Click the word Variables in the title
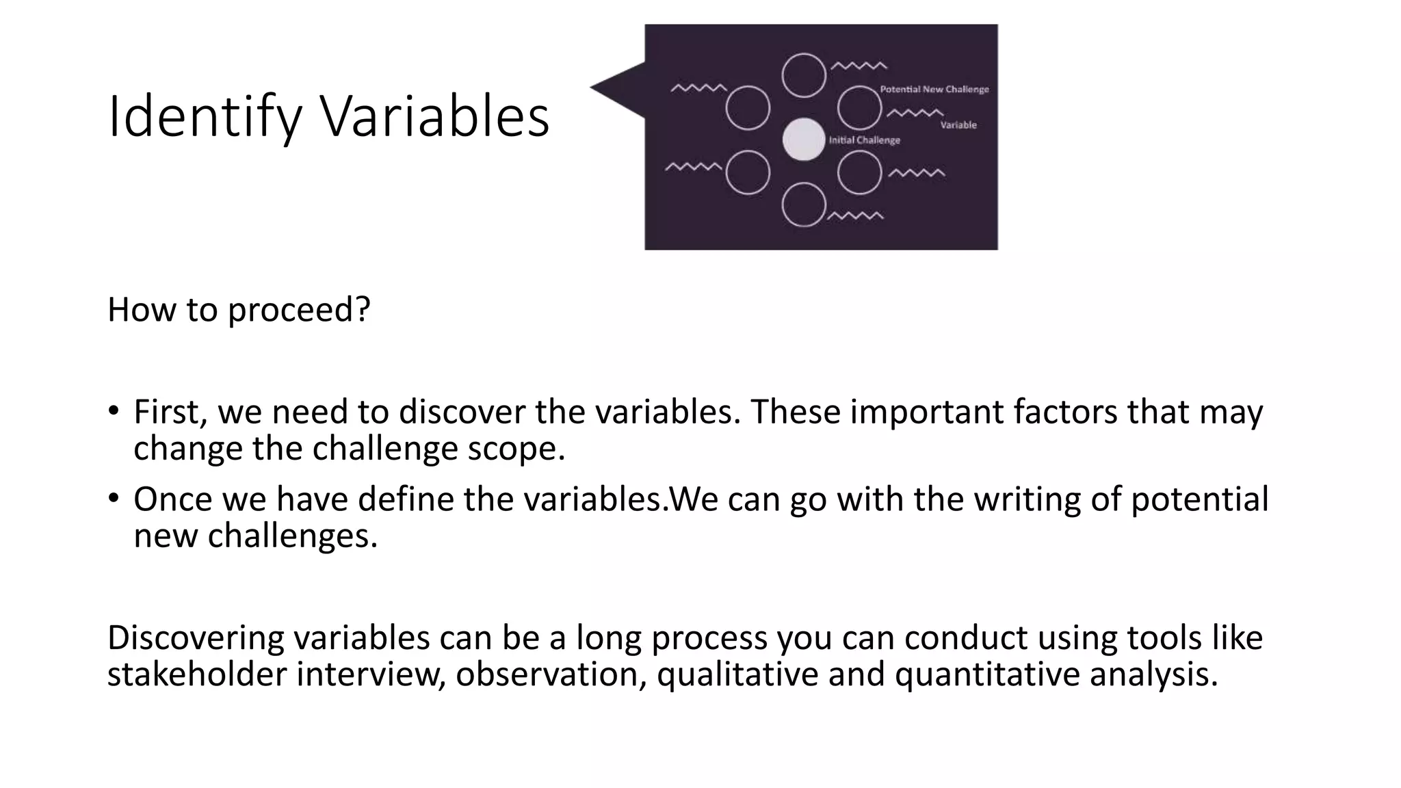(x=435, y=116)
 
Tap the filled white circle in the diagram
(x=804, y=140)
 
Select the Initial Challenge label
(x=865, y=140)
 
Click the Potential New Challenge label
(x=934, y=90)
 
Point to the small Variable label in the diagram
(x=958, y=125)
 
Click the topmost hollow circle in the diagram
(x=804, y=75)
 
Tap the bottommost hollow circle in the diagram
(x=804, y=205)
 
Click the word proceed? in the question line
(x=299, y=310)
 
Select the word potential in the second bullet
(x=1199, y=499)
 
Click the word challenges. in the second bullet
(x=293, y=536)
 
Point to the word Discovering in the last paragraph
(x=196, y=638)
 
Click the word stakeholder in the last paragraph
(x=197, y=674)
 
